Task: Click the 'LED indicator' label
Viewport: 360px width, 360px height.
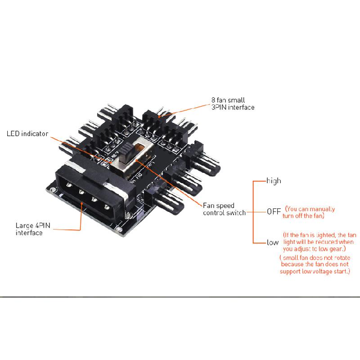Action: click(x=27, y=134)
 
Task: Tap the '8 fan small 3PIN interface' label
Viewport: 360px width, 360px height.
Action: click(x=233, y=104)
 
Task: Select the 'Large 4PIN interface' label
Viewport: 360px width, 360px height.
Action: click(x=33, y=229)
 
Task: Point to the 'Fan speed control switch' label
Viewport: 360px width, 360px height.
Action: click(x=224, y=209)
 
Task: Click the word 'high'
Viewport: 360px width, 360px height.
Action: click(x=274, y=181)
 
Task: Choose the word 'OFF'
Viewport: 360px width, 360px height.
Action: click(x=274, y=211)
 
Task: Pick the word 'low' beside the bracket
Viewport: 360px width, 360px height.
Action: click(x=273, y=243)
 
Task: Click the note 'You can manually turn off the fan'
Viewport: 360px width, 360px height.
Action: click(x=309, y=212)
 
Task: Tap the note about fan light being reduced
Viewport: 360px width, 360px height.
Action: click(x=319, y=242)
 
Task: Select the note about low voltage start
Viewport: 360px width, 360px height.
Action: click(x=315, y=265)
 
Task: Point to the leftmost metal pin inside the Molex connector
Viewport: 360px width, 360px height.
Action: click(x=69, y=185)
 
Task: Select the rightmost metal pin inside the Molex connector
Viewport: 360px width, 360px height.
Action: click(x=107, y=207)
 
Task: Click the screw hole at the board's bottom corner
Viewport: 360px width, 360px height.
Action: click(x=119, y=229)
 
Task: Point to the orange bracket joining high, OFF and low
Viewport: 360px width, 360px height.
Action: click(x=253, y=212)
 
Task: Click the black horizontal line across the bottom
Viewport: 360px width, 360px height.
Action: click(x=180, y=297)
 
